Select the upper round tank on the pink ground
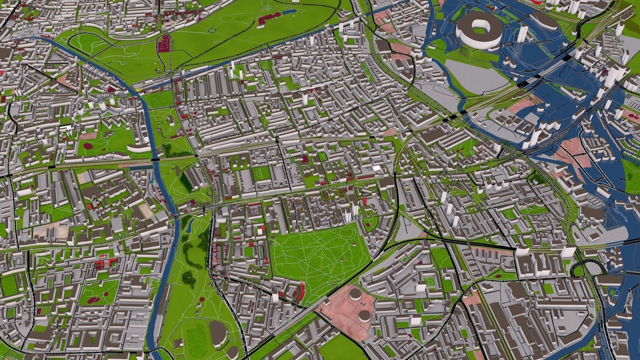coord(356,294)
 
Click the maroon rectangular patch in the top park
coord(164,44)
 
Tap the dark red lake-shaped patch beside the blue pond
coord(266,20)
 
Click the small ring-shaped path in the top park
coord(212,30)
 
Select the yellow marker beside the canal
coord(138,90)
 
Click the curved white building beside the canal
coord(138,148)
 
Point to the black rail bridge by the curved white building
coord(155,160)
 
